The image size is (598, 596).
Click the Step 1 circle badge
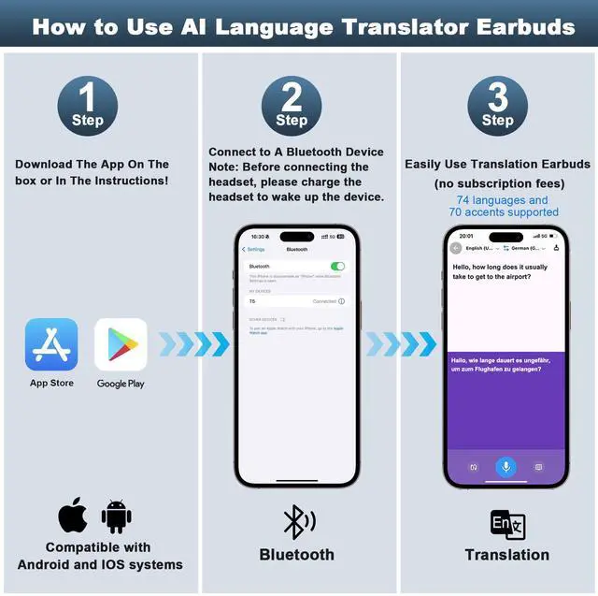click(x=88, y=106)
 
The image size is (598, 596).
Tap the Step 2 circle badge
click(x=292, y=106)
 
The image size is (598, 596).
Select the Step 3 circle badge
click(x=497, y=106)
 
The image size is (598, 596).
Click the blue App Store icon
click(x=51, y=344)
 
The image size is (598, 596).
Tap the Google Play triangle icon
click(x=121, y=344)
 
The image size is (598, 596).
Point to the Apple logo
click(x=73, y=516)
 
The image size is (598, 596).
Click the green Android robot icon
click(x=116, y=516)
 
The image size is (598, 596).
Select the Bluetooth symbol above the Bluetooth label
click(x=298, y=521)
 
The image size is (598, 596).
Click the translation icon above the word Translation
click(x=507, y=525)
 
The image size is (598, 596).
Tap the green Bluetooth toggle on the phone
click(x=337, y=267)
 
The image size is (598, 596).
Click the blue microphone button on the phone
click(x=505, y=466)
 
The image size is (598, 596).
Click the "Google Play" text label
click(x=121, y=384)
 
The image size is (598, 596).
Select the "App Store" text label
click(x=51, y=383)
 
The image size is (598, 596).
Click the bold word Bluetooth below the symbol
click(x=296, y=555)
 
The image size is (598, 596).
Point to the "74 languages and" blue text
click(x=502, y=200)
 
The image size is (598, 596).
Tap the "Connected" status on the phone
click(x=324, y=301)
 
